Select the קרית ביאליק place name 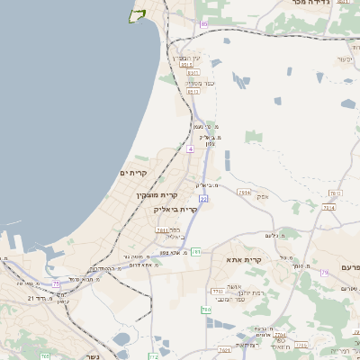click(x=175, y=209)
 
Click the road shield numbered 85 click(x=203, y=23)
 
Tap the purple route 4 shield click(x=190, y=149)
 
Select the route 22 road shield click(x=203, y=198)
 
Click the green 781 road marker click(x=194, y=251)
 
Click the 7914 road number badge click(x=244, y=192)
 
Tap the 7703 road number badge click(x=217, y=292)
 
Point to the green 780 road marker click(x=206, y=310)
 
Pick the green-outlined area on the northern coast click(x=138, y=14)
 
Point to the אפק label click(x=262, y=196)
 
